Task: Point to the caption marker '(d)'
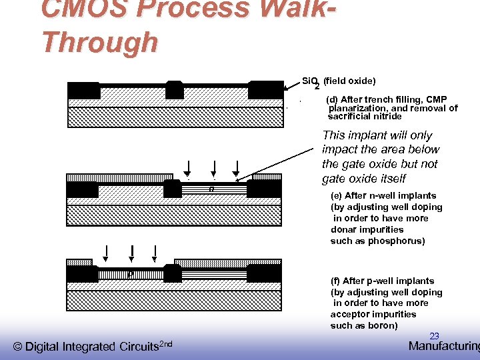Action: (x=331, y=100)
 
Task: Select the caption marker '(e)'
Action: (x=337, y=195)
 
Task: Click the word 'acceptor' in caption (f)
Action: (x=350, y=314)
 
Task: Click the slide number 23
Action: (x=434, y=337)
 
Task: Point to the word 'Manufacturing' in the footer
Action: (x=444, y=346)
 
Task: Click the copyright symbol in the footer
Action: (x=18, y=347)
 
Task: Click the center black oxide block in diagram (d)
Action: (x=175, y=90)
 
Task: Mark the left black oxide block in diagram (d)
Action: (x=84, y=91)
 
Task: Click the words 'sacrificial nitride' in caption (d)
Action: (x=365, y=116)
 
